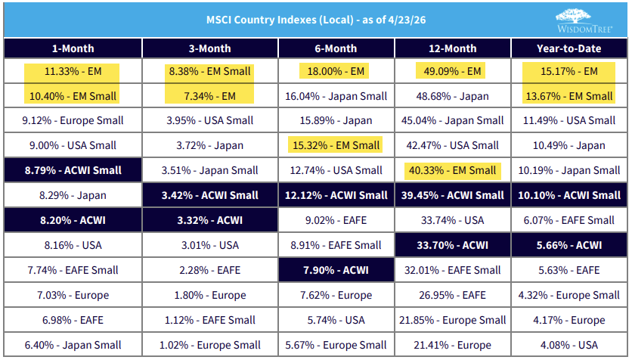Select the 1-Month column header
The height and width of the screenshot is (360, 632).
(73, 48)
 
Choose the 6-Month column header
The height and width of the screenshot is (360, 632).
(336, 48)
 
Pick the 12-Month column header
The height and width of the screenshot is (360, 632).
(452, 48)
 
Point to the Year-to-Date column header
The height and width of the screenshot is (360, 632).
(569, 48)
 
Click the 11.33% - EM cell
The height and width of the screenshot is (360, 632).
(73, 72)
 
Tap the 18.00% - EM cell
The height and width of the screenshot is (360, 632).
(336, 72)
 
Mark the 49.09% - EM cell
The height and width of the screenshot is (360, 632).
(452, 72)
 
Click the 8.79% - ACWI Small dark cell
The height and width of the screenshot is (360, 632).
(73, 171)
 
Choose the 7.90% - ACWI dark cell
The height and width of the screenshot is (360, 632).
(336, 271)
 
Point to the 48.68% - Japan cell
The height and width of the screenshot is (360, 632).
(452, 96)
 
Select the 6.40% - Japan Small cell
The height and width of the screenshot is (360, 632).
(73, 346)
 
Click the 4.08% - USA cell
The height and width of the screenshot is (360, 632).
(569, 346)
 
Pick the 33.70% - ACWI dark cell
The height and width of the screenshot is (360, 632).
(452, 246)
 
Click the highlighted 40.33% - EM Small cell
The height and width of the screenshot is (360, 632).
(452, 171)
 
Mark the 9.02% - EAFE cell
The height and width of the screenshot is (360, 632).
(336, 221)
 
